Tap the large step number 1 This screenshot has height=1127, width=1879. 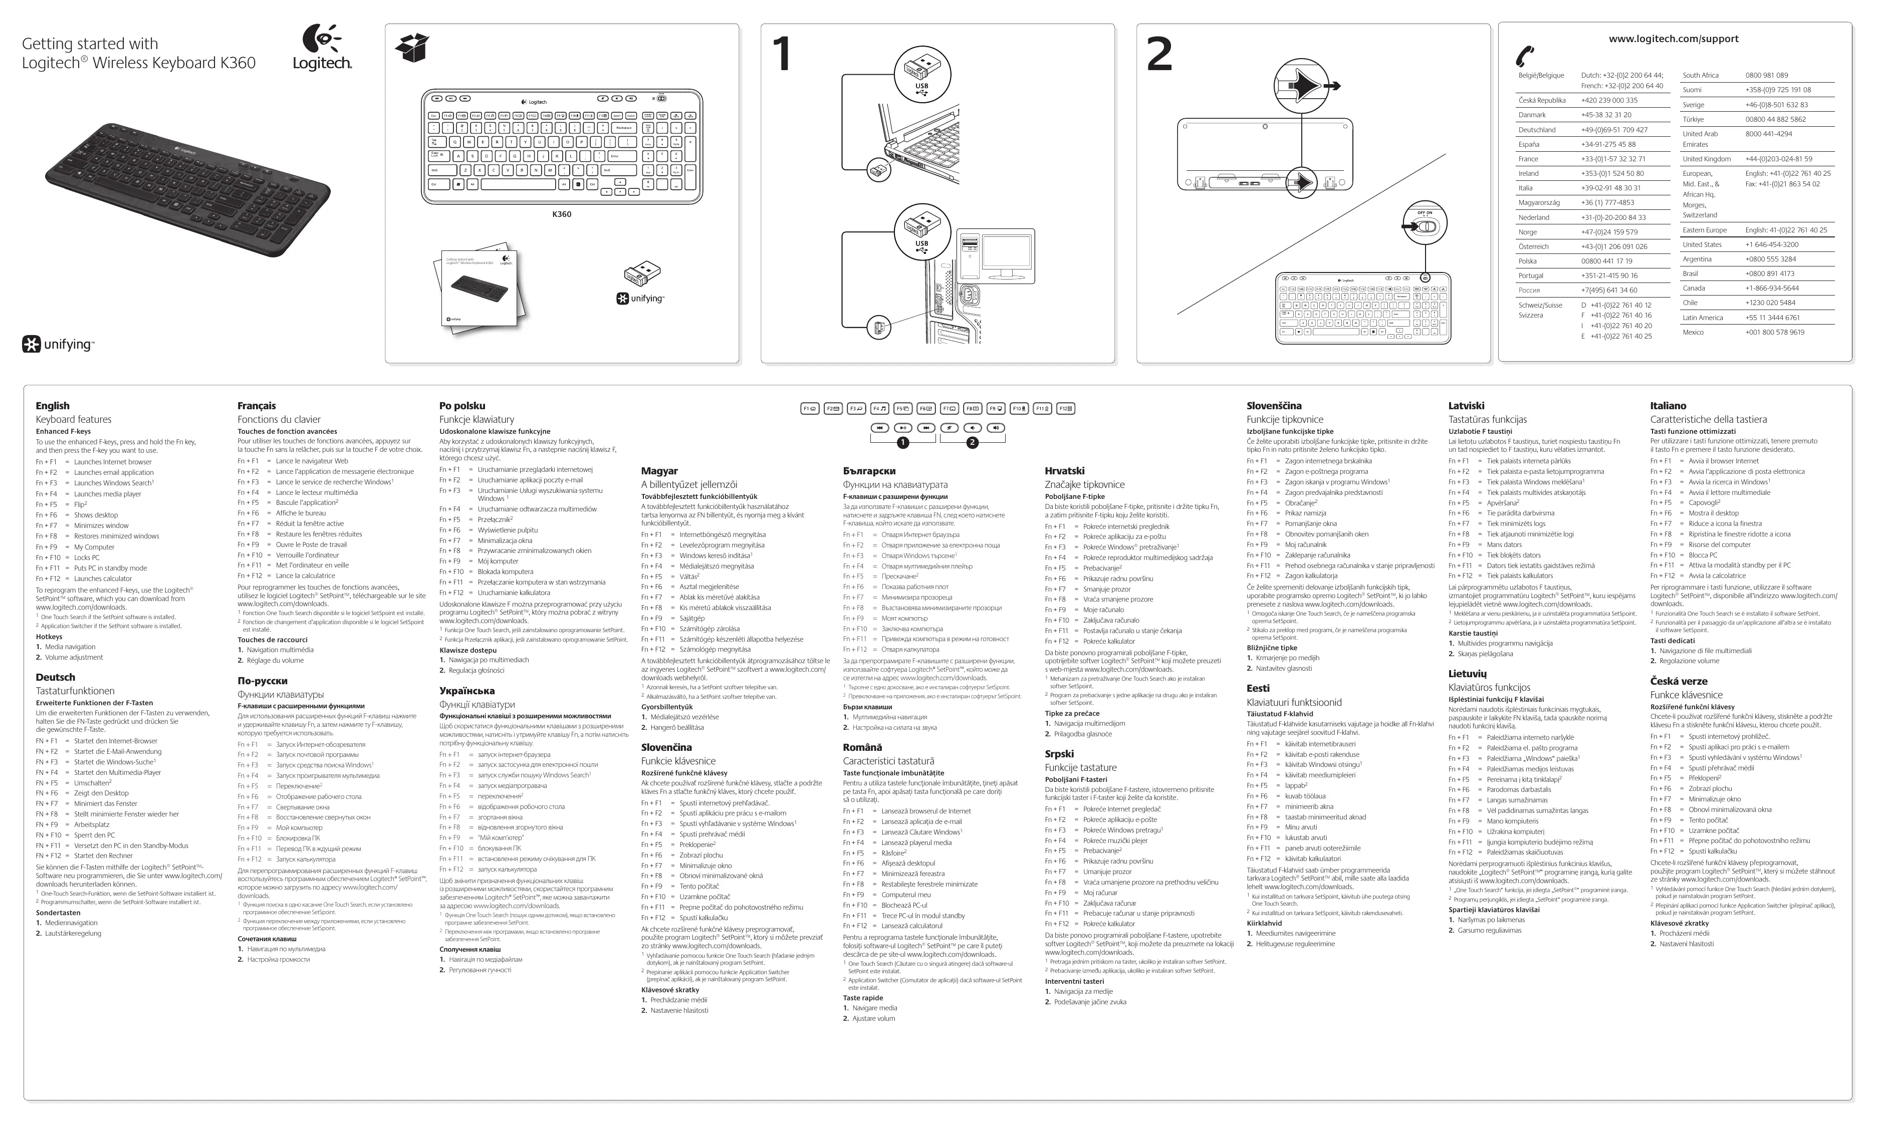[782, 55]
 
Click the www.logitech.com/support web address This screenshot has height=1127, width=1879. [1673, 39]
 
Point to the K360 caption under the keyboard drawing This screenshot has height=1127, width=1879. [561, 214]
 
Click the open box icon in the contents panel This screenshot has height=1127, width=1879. [412, 48]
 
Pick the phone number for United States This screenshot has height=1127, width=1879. [1771, 244]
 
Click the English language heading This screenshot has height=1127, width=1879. [53, 406]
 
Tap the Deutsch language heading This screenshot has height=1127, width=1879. [56, 677]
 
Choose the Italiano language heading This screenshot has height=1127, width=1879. [1668, 406]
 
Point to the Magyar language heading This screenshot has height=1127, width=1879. [659, 471]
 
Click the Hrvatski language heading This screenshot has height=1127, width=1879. [1064, 471]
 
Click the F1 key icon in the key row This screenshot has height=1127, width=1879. [810, 409]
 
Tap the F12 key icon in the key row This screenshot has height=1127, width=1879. [1066, 409]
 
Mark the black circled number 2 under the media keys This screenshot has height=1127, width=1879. [972, 443]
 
